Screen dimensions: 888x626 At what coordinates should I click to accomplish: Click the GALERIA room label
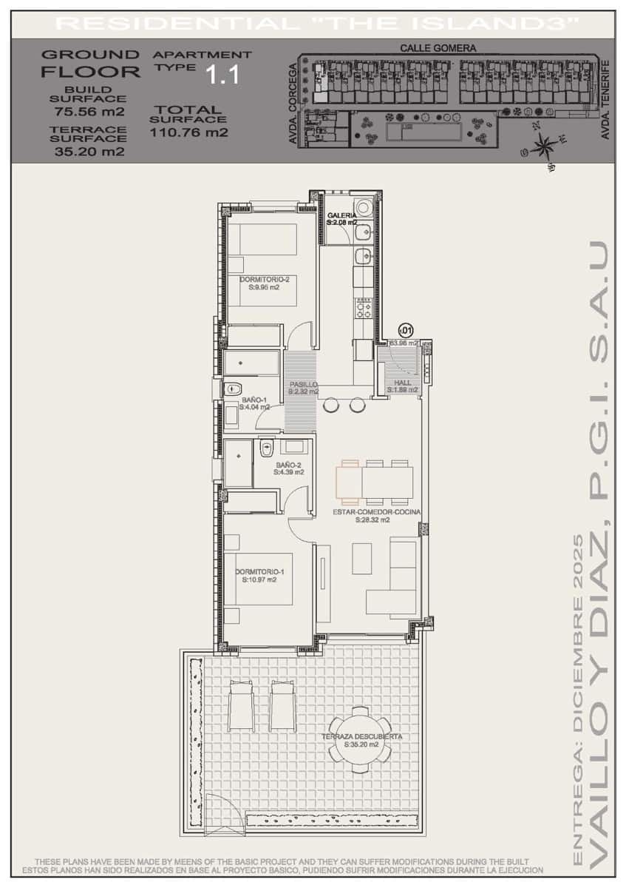click(x=341, y=215)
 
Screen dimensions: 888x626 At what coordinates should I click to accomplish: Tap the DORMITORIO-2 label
click(x=259, y=280)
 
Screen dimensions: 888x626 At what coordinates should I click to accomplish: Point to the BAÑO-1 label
click(x=254, y=401)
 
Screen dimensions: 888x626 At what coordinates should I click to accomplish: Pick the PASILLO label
click(x=303, y=385)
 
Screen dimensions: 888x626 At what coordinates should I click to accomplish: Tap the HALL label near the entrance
click(x=403, y=383)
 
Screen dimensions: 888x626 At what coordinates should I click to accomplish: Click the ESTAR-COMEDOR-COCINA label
click(x=367, y=512)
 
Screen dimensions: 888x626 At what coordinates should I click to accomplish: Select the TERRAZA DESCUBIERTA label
click(x=361, y=737)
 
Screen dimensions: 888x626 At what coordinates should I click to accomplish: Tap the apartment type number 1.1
click(x=222, y=75)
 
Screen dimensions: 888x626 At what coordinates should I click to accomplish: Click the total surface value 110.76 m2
click(x=188, y=133)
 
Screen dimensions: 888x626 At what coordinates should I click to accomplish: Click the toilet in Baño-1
click(x=234, y=387)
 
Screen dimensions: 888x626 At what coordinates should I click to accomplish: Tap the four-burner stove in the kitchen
click(x=364, y=307)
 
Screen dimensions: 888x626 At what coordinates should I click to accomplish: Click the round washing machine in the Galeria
click(x=364, y=208)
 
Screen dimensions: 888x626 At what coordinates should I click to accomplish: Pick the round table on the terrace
click(x=361, y=740)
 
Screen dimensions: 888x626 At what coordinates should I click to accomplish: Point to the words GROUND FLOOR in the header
click(x=90, y=64)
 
